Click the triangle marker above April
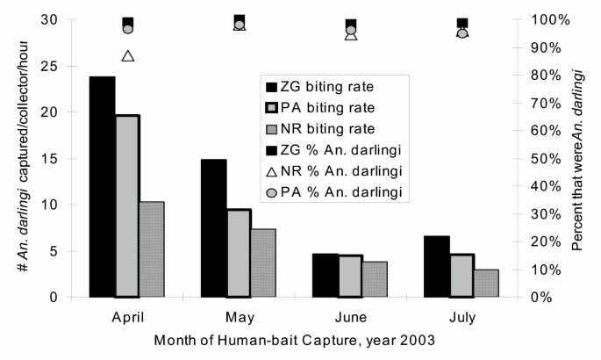click(128, 56)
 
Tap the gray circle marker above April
click(128, 29)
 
